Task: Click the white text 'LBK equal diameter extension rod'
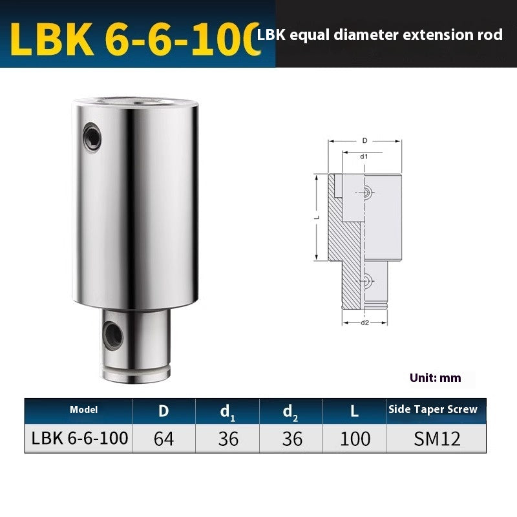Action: (379, 35)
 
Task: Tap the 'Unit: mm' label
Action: (435, 377)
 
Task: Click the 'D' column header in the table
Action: (163, 410)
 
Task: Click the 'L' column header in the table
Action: (355, 410)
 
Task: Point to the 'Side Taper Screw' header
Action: (433, 409)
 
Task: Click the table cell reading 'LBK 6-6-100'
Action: (79, 439)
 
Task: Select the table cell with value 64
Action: (164, 439)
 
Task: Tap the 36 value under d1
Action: (227, 439)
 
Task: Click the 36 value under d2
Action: (291, 439)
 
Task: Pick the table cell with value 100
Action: (355, 439)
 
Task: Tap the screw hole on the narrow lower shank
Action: (112, 333)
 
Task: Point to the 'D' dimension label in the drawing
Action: (364, 140)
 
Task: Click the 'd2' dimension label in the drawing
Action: (364, 321)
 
